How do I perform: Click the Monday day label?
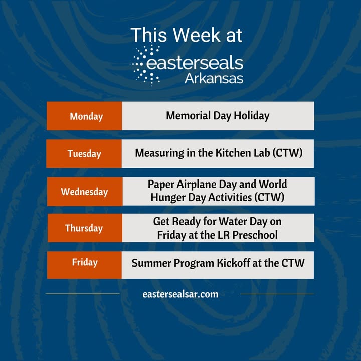86,116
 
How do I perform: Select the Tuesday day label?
84,154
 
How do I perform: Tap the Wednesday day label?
85,192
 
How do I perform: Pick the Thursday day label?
84,228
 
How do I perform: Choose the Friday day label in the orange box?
85,262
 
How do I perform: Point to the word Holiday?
252,116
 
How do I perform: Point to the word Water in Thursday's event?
233,221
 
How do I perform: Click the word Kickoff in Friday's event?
234,263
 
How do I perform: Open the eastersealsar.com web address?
180,294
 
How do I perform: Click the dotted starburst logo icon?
145,65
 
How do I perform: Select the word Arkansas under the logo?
214,79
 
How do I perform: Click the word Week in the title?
197,35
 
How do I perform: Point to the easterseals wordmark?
195,63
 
